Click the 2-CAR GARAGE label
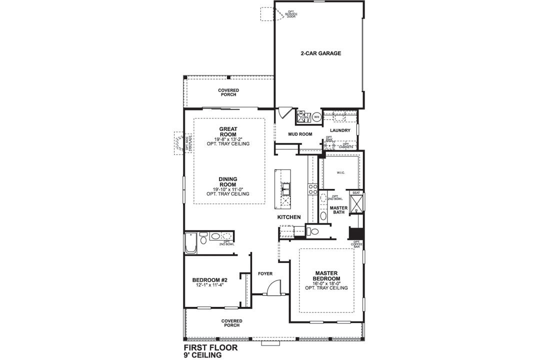[x=320, y=53]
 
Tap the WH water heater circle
[x=316, y=117]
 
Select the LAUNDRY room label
[x=340, y=130]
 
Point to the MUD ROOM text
[x=300, y=134]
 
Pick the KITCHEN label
[x=289, y=217]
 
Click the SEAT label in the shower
[x=356, y=192]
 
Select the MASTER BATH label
[x=338, y=210]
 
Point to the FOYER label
[x=265, y=273]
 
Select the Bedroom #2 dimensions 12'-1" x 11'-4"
[x=210, y=285]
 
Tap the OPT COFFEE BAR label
[x=356, y=244]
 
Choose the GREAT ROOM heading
[x=228, y=128]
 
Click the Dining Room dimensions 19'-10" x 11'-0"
[x=227, y=189]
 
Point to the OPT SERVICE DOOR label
[x=291, y=14]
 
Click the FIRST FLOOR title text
[x=210, y=346]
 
